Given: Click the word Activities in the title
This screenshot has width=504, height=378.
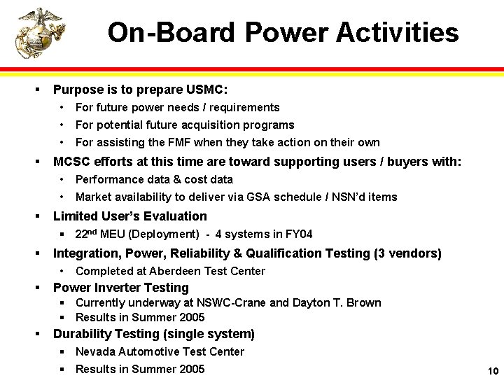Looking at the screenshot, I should (x=397, y=33).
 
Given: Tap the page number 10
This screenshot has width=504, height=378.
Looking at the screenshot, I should (x=492, y=370).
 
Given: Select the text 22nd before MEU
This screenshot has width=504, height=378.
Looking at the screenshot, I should (x=86, y=234).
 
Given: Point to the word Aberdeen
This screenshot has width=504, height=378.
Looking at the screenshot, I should (x=163, y=271).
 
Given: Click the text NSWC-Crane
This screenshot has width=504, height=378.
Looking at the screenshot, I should (x=249, y=303).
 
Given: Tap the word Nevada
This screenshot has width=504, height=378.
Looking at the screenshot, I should (x=94, y=351).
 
